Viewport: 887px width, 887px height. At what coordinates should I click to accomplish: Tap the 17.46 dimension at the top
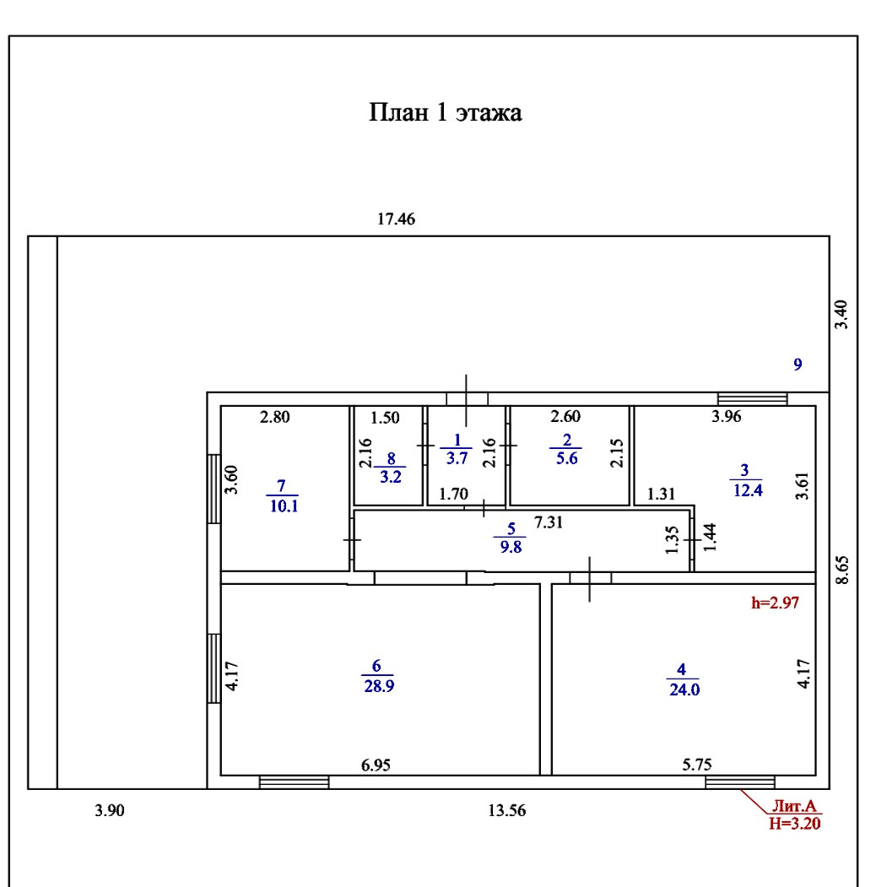397,219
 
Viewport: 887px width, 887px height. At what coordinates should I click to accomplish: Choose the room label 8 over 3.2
390,466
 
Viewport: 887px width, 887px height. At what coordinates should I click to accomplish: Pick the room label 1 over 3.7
456,448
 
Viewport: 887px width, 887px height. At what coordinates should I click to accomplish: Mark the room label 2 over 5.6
565,448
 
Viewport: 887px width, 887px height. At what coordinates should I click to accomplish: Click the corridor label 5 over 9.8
510,538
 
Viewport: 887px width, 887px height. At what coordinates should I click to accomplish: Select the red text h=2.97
774,603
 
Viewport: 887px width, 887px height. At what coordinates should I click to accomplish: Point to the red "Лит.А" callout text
792,808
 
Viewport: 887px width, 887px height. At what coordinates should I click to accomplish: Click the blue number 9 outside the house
797,365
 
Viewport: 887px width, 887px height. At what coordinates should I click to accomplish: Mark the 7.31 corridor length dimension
549,522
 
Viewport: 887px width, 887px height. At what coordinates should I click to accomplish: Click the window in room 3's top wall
752,399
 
